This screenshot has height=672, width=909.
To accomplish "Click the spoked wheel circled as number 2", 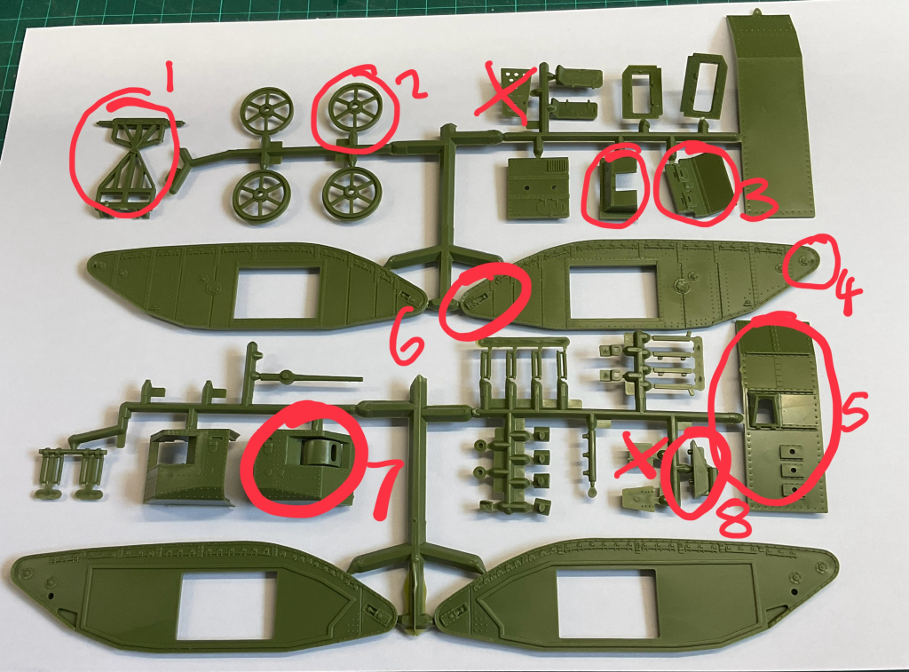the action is pyautogui.click(x=355, y=107).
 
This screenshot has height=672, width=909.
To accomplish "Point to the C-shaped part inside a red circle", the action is pyautogui.click(x=616, y=186).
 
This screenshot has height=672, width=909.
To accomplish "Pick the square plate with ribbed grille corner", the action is pyautogui.click(x=537, y=188).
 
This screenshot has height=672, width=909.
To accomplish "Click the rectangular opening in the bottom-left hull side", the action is pyautogui.click(x=226, y=605).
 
